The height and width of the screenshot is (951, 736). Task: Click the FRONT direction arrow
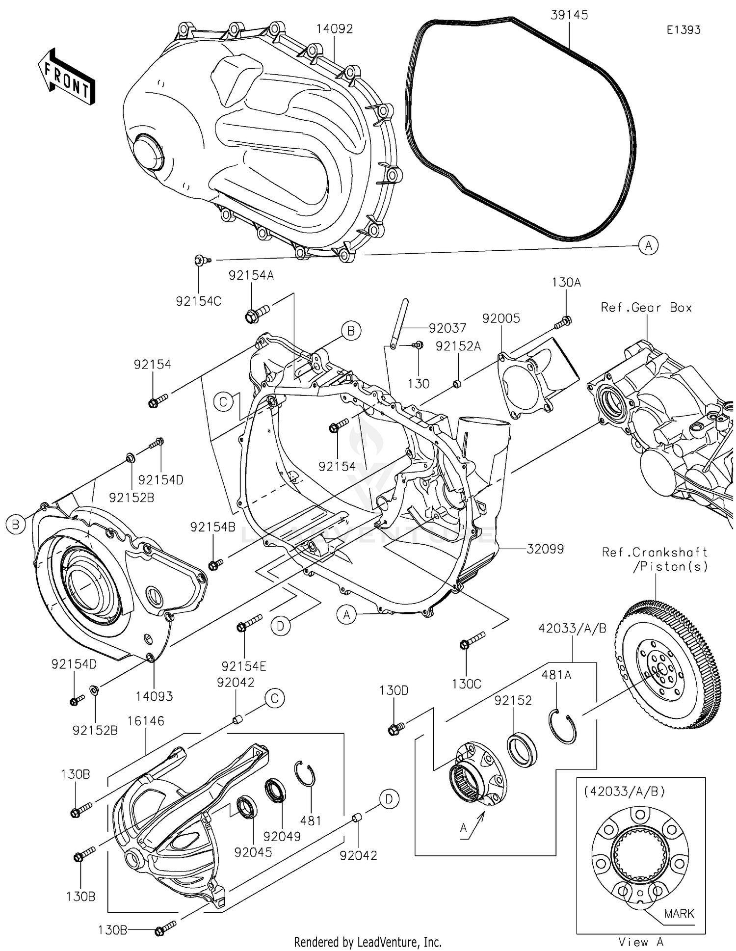(66, 77)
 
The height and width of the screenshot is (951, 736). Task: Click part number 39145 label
(569, 15)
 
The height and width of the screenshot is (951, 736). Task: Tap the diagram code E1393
(683, 30)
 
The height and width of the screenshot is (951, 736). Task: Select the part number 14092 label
(334, 29)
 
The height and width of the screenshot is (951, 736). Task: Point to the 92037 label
(447, 328)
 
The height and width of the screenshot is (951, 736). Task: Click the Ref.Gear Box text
(646, 308)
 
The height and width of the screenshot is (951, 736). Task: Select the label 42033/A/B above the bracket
(572, 628)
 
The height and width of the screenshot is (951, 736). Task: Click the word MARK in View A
(679, 914)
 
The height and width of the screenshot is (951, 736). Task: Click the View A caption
(641, 942)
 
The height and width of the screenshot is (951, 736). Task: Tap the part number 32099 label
(545, 549)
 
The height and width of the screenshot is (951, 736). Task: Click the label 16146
(146, 721)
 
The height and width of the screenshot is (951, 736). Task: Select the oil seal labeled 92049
(275, 791)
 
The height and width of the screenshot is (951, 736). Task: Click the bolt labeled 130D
(395, 729)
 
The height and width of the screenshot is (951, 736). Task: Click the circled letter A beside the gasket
(648, 245)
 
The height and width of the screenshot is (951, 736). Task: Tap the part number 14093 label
(154, 696)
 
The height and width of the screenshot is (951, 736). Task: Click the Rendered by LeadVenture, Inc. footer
(368, 942)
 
